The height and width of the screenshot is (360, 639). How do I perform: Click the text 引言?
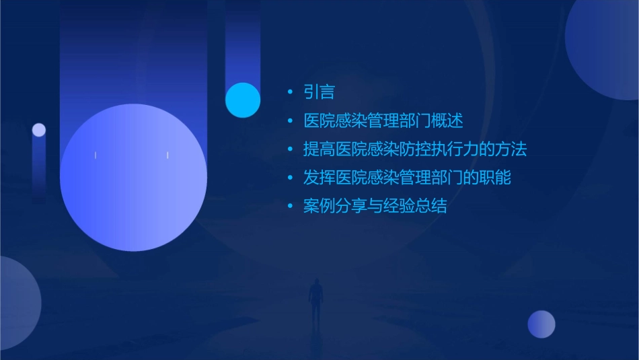[319, 92]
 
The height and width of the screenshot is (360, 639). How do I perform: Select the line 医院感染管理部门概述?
[383, 121]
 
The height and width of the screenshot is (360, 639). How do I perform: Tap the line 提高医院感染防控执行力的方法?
[415, 149]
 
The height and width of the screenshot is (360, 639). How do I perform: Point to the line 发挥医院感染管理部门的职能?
[407, 178]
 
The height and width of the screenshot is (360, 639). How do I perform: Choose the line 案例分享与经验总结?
[375, 206]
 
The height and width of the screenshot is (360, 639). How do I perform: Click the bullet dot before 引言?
[290, 93]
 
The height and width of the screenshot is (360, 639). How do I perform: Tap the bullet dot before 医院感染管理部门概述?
[290, 122]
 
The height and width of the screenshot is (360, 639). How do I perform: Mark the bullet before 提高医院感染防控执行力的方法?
[290, 150]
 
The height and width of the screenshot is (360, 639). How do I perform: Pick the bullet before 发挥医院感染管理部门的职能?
[290, 178]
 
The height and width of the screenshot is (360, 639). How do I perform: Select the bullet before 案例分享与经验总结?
[290, 207]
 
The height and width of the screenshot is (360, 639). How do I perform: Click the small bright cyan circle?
[243, 100]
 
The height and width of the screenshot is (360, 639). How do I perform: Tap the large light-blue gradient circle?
[133, 178]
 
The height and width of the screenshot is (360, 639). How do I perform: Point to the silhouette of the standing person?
[315, 299]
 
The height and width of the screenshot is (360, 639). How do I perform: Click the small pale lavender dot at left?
[39, 130]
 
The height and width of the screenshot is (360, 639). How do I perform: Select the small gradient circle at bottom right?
[541, 324]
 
